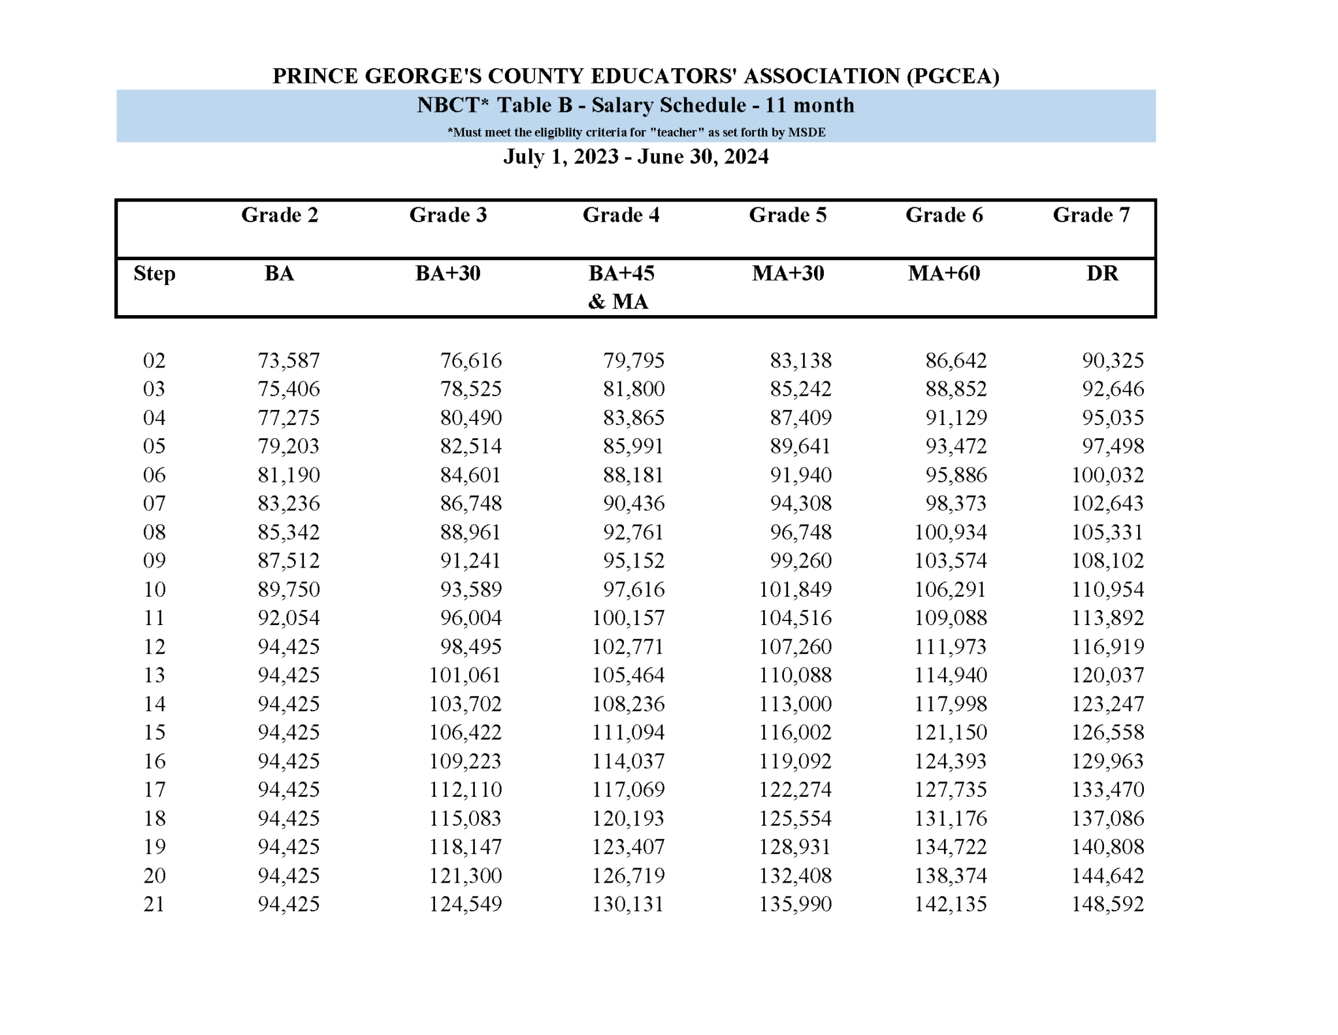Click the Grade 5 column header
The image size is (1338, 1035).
click(787, 215)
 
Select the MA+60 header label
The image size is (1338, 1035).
click(943, 273)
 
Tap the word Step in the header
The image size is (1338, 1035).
click(154, 273)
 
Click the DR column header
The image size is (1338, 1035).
click(1101, 273)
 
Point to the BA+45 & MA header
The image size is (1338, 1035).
click(620, 287)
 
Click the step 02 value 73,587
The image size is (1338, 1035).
click(289, 360)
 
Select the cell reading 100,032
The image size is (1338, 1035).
click(1107, 475)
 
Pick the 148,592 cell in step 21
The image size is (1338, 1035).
click(1107, 904)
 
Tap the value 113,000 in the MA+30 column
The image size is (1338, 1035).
click(794, 704)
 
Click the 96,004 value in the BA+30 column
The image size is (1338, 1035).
click(470, 618)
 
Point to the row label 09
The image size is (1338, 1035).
click(154, 560)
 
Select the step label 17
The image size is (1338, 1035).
click(154, 789)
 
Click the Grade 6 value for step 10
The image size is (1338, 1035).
click(950, 589)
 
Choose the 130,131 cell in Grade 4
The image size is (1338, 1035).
click(627, 904)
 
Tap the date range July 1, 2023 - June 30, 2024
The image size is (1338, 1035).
click(635, 157)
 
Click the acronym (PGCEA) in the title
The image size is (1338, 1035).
click(953, 76)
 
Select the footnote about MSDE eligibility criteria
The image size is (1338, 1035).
click(636, 133)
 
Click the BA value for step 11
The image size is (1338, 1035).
click(289, 618)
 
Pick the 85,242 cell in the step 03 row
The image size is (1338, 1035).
click(800, 389)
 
